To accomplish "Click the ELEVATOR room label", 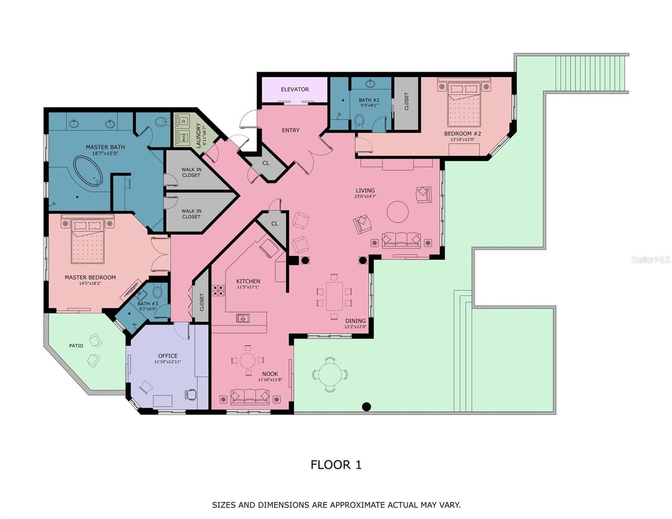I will tap(295, 89).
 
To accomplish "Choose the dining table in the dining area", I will tap(334, 296).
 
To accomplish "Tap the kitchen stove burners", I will tap(219, 290).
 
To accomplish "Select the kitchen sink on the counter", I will tap(242, 318).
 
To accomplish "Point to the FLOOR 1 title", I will tap(336, 465).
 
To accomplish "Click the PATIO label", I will tap(76, 346).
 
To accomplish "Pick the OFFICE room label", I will tap(167, 356).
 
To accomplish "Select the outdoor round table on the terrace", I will tap(330, 375).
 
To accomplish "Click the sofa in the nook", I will tap(250, 396).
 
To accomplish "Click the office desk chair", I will tap(191, 394).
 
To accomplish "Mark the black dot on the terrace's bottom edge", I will tap(367, 407).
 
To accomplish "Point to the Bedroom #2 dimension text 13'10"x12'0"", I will tap(462, 140).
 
